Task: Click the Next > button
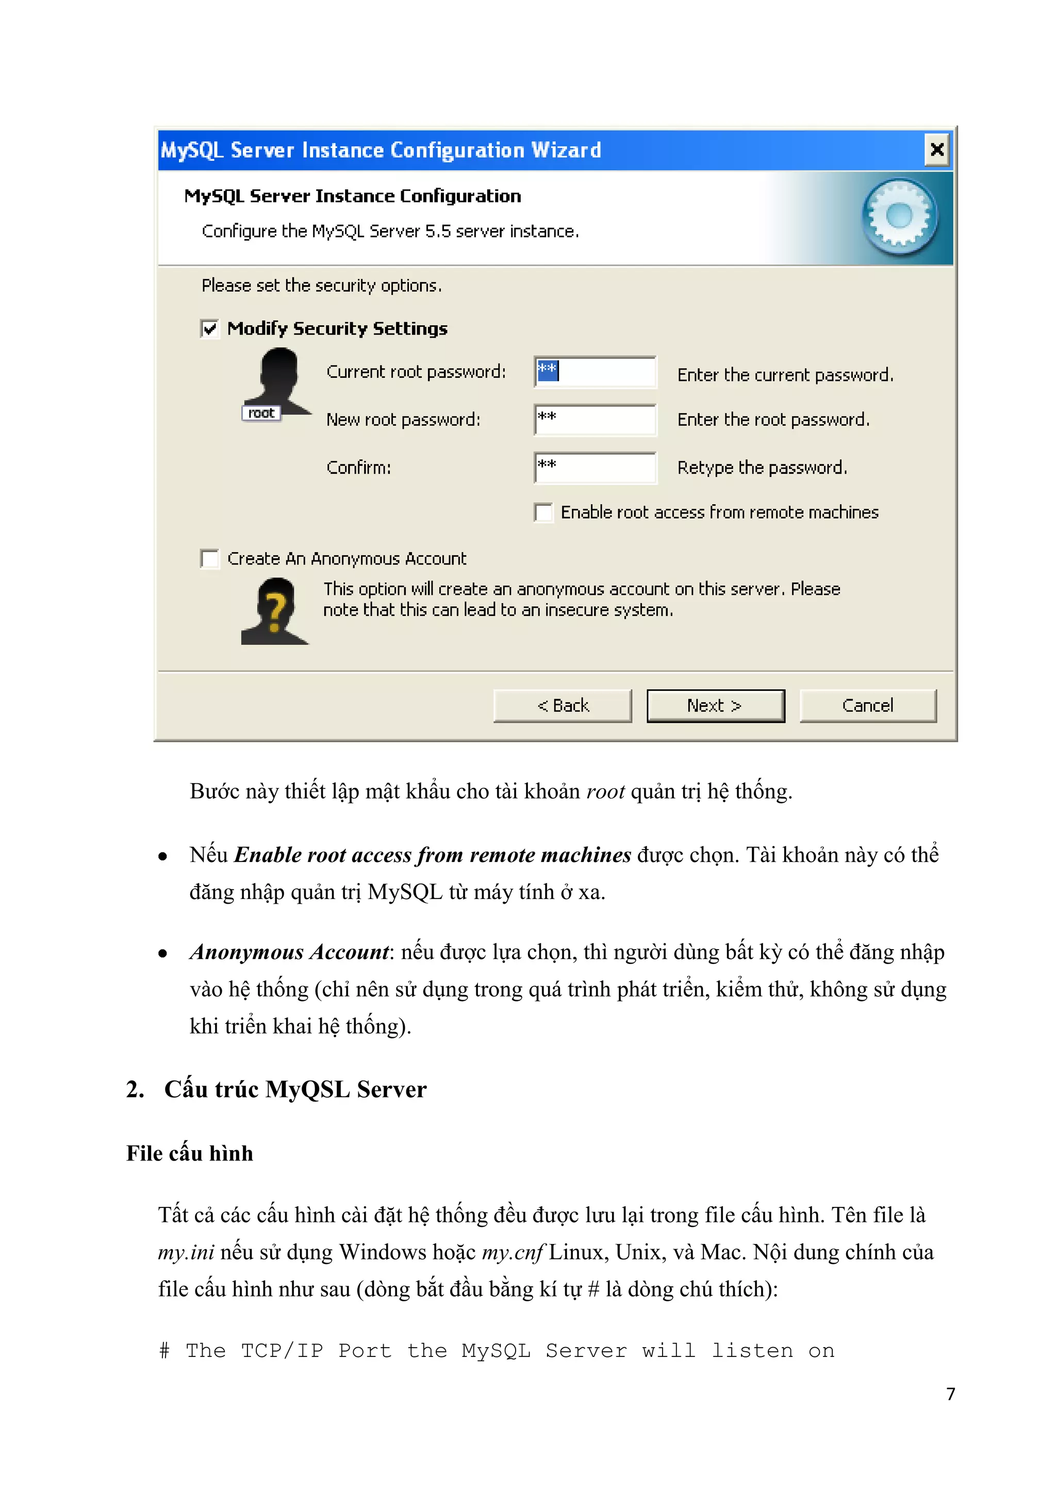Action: [715, 706]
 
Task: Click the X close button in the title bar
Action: [937, 150]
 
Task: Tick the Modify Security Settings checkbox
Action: [210, 329]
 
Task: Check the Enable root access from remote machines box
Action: [543, 512]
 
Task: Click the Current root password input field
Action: [595, 372]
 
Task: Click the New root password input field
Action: [595, 420]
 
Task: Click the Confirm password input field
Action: [595, 468]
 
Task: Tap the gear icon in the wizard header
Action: [899, 217]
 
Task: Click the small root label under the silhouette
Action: [261, 413]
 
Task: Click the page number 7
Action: [950, 1394]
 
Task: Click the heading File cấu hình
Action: [189, 1153]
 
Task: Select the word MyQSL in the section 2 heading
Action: [307, 1089]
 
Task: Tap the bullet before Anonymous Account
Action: [162, 954]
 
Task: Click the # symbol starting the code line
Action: [164, 1351]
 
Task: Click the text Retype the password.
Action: [762, 468]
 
